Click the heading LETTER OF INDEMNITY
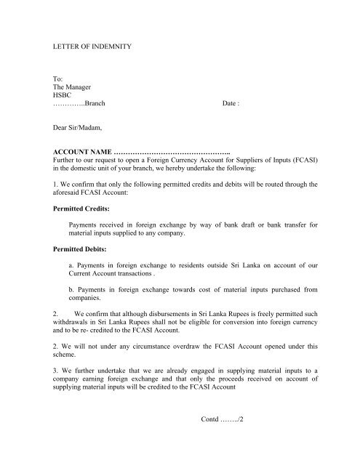click(x=84, y=46)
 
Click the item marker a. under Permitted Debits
click(x=70, y=264)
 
